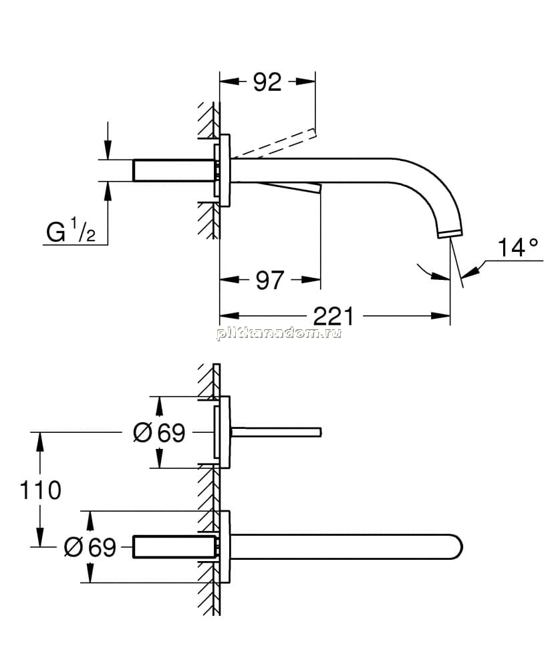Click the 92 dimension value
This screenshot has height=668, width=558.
[x=267, y=81]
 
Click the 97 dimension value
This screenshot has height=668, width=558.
[x=270, y=280]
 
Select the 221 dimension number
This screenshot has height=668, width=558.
[x=333, y=316]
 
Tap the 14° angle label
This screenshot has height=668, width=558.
[x=518, y=248]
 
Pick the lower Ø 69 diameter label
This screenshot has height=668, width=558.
[x=90, y=546]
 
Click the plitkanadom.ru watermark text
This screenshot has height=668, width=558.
[x=279, y=333]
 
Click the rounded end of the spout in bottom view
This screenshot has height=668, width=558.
[x=456, y=546]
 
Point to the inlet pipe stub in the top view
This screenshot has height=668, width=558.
[x=176, y=170]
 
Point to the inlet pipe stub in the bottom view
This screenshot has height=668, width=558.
[x=176, y=547]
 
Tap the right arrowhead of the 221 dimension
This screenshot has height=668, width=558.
[x=441, y=316]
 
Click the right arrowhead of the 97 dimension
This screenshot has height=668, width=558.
[x=311, y=280]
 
